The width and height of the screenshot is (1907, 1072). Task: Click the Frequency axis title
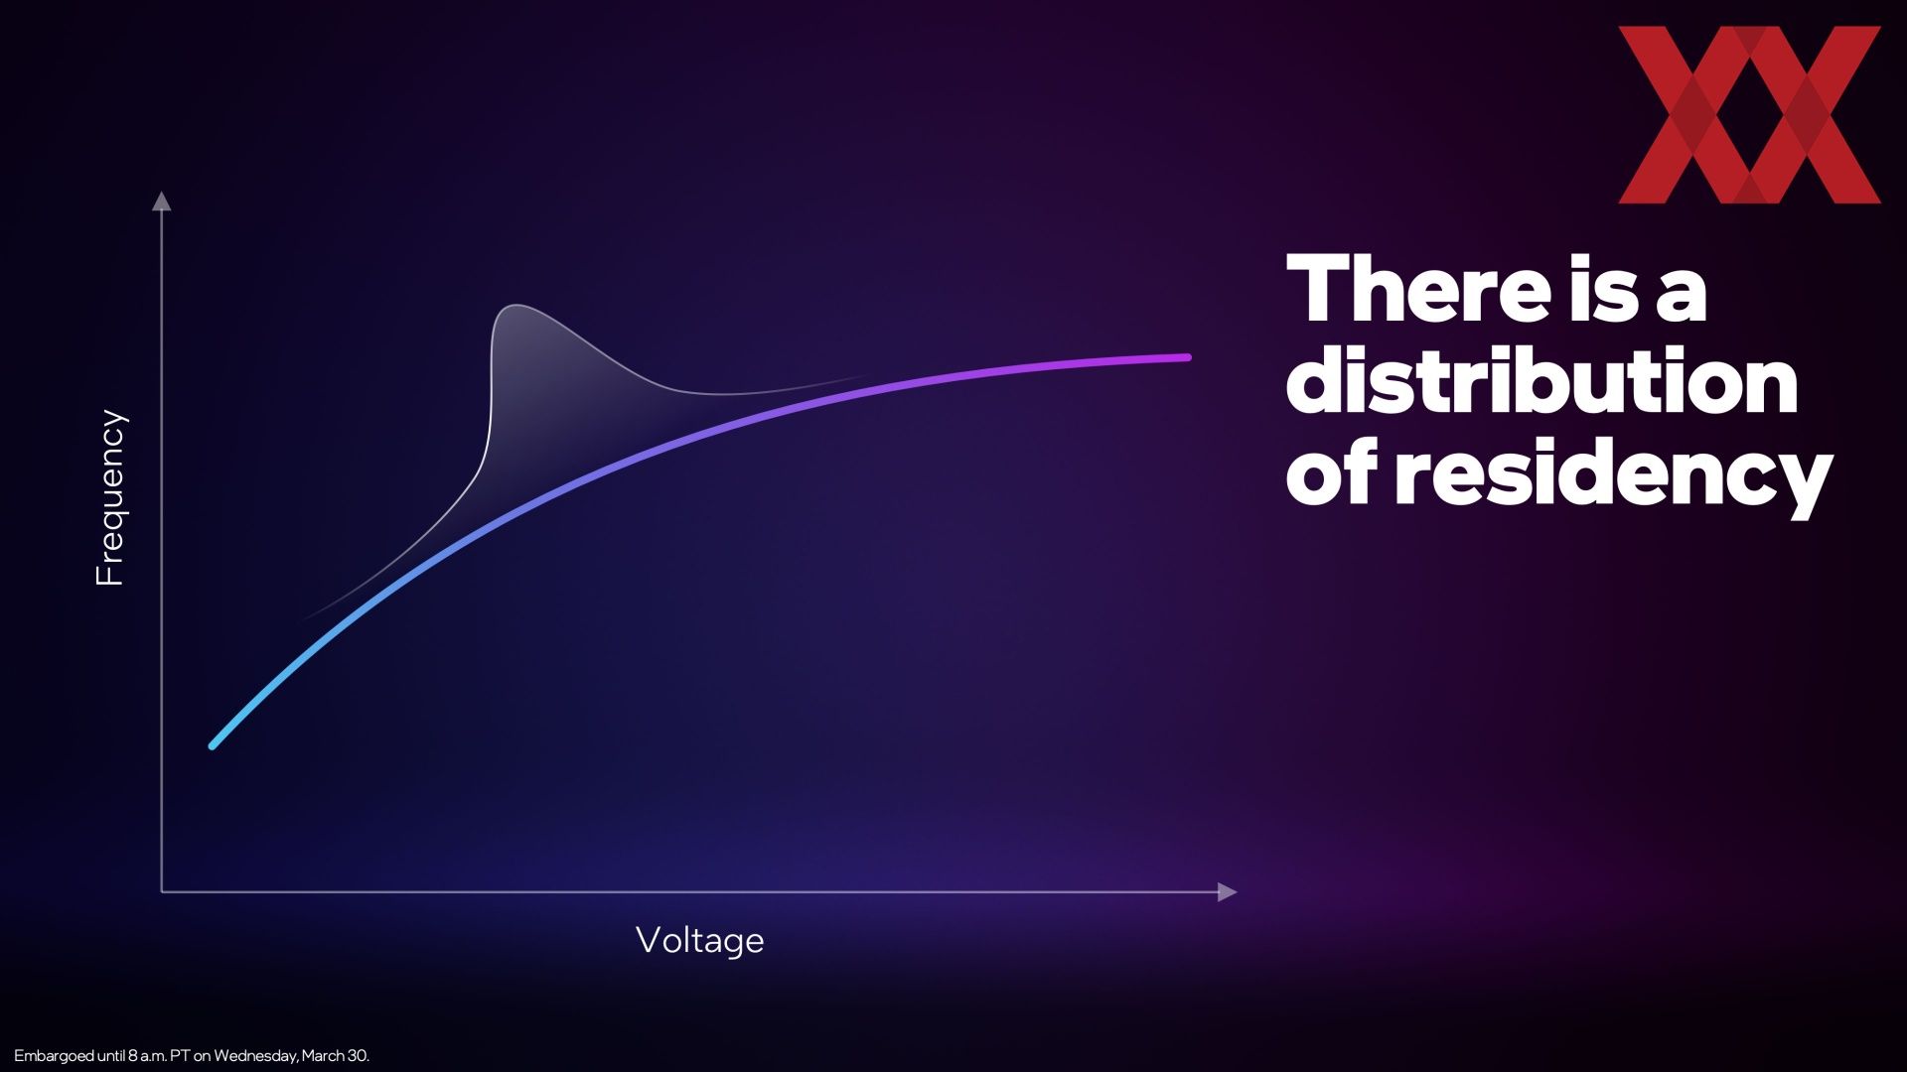(x=110, y=497)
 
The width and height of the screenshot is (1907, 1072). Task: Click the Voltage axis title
(x=700, y=940)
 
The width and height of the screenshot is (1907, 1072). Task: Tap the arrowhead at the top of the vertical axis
(x=161, y=201)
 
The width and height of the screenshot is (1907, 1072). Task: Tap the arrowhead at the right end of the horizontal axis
(x=1228, y=891)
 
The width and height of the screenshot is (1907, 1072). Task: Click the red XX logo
(x=1749, y=115)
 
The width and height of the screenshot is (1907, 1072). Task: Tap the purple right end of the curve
(x=1186, y=357)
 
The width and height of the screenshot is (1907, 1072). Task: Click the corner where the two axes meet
(x=162, y=891)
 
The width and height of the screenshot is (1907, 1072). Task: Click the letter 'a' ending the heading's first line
(x=1680, y=297)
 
